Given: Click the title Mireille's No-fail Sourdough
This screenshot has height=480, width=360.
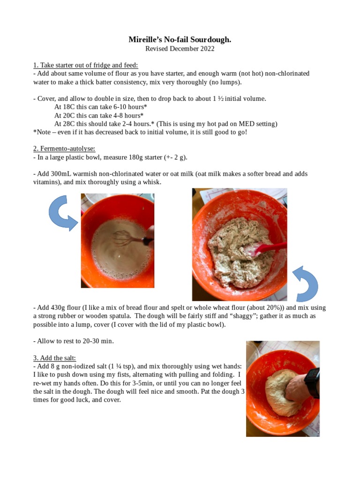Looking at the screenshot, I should pos(180,40).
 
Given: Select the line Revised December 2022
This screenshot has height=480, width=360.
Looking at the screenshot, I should pos(180,49).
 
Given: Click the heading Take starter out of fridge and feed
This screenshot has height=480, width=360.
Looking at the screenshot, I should pos(85,65).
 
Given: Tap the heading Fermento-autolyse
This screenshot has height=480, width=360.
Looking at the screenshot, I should pos(64,149).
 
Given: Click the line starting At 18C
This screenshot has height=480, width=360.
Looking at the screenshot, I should pos(100,107).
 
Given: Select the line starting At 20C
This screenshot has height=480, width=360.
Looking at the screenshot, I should pos(98,115).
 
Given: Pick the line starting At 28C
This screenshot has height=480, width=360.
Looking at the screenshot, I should pos(165,124).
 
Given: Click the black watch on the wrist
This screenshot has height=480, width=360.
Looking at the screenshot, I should pos(311,382).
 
